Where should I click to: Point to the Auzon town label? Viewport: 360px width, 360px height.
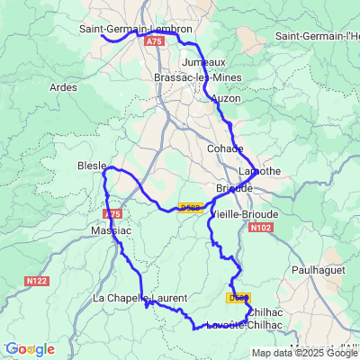[x=225, y=98]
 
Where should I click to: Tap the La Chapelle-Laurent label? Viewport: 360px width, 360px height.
[x=135, y=298]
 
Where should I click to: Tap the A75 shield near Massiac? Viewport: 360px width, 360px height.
[x=112, y=214]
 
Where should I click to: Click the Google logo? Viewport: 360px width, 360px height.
[x=30, y=349]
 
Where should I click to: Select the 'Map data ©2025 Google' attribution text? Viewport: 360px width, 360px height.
[x=304, y=353]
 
